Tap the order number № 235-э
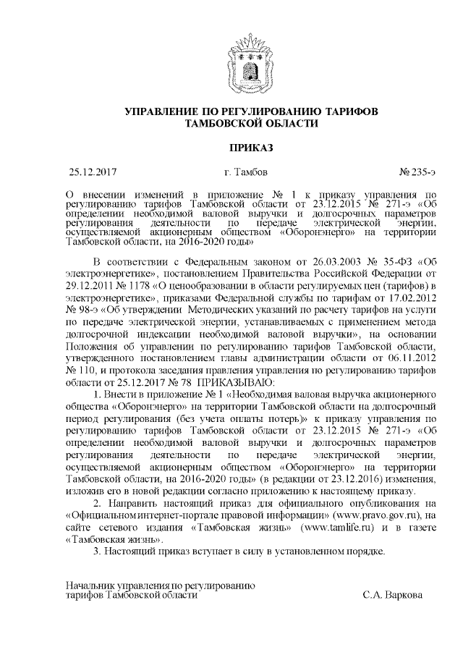click(x=417, y=173)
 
